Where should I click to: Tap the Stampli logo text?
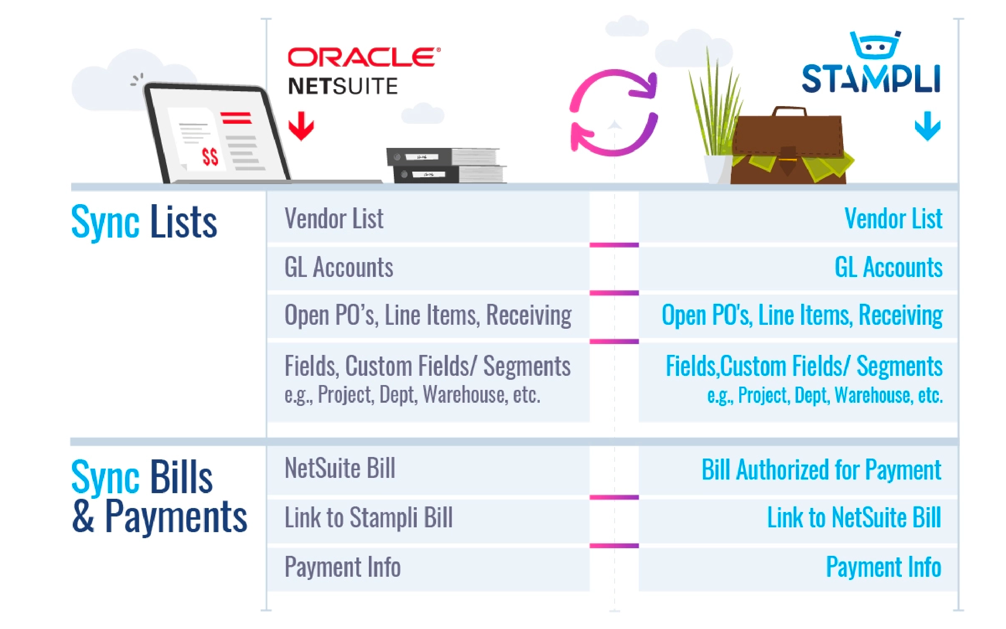pos(871,79)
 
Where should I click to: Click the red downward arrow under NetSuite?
pos(301,126)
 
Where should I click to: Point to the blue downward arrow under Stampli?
pos(927,126)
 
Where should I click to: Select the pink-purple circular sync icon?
pos(613,113)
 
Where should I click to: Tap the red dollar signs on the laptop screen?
pos(210,157)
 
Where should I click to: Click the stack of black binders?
pos(445,165)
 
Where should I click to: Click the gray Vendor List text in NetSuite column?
pos(334,218)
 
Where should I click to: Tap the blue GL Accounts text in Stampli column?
pos(888,267)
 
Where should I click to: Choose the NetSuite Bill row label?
pos(339,468)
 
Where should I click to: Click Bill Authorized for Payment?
pos(821,470)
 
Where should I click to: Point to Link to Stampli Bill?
pos(368,518)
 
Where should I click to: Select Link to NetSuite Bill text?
pos(854,518)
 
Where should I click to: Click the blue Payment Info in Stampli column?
pos(883,567)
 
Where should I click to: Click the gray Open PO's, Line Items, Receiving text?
pos(428,315)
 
